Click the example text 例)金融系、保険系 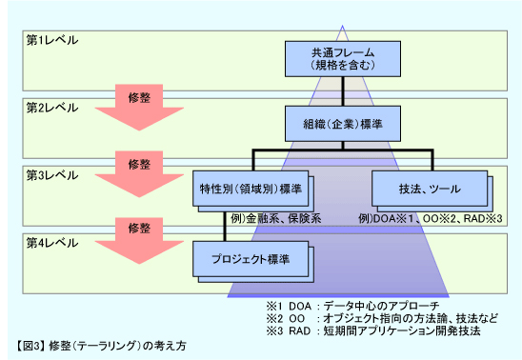click(275, 218)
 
